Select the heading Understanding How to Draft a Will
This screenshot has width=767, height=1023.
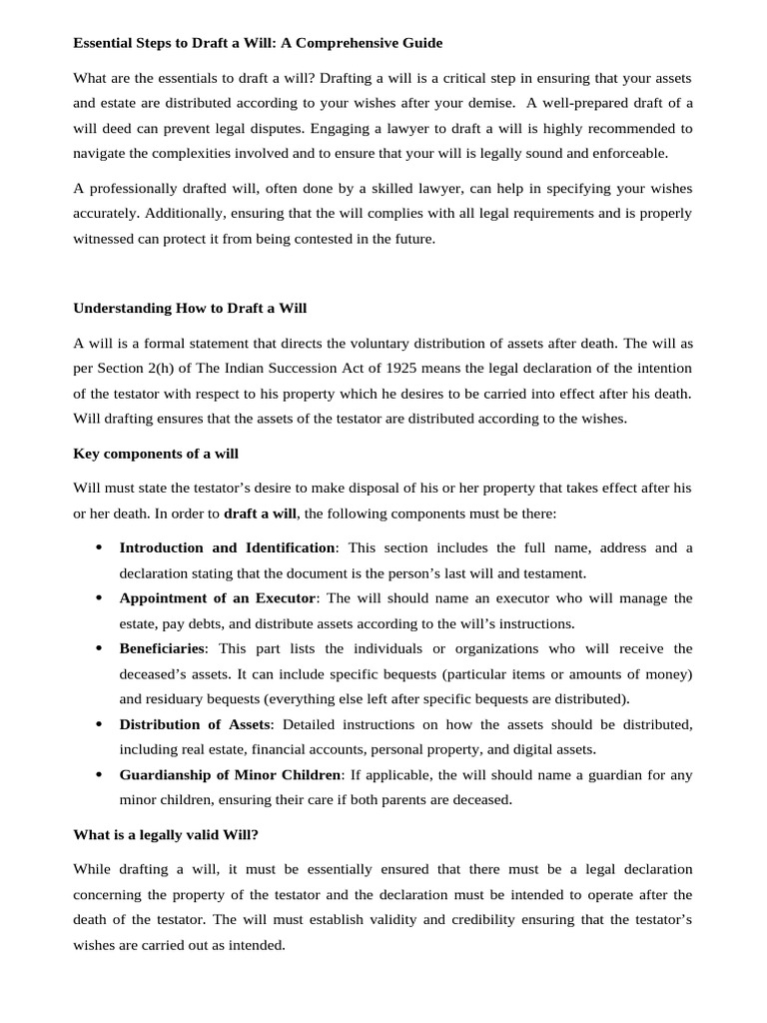190,308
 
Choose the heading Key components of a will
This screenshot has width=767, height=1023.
156,454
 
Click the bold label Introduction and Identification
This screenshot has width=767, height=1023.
227,547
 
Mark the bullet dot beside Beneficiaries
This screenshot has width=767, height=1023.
98,648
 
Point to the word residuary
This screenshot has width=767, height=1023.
177,698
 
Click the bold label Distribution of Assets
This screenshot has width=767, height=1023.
195,723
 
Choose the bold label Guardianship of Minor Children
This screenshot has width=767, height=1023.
230,774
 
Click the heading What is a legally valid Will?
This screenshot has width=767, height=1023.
165,834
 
